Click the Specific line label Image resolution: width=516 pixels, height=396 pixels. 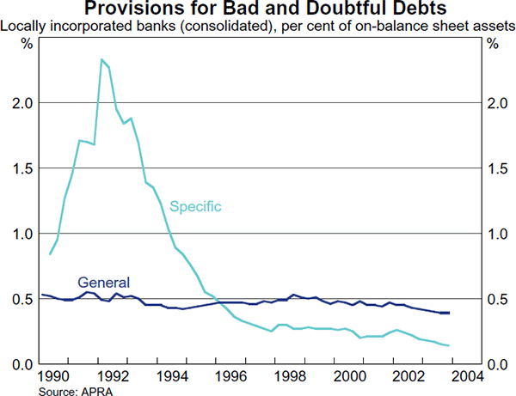pos(196,206)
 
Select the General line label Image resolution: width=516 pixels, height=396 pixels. pos(103,282)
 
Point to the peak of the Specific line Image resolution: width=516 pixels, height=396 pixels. pos(101,59)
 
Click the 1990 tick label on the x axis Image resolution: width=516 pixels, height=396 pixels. pos(55,378)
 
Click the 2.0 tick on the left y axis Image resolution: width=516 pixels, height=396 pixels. pos(23,103)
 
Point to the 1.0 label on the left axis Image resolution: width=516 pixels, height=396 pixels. pos(23,234)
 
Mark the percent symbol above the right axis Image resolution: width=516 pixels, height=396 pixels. pos(491,44)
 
